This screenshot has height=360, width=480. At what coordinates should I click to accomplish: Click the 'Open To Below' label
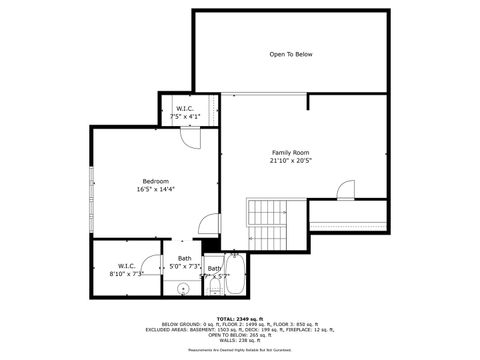tap(291, 54)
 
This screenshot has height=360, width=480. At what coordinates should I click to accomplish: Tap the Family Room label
tap(291, 152)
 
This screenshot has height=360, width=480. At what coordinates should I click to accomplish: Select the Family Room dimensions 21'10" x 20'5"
tap(291, 161)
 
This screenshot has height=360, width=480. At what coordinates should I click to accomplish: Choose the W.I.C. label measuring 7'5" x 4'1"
tap(186, 108)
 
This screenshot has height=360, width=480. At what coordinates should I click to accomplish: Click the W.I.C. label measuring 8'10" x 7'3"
tap(127, 267)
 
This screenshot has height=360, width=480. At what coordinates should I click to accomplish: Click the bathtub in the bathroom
tap(235, 281)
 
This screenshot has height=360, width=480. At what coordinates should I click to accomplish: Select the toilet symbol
tap(215, 286)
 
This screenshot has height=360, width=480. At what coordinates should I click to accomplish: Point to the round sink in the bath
tap(183, 289)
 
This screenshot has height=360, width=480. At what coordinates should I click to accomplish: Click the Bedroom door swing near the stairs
tap(207, 226)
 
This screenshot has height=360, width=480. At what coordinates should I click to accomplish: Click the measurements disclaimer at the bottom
tap(240, 351)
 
